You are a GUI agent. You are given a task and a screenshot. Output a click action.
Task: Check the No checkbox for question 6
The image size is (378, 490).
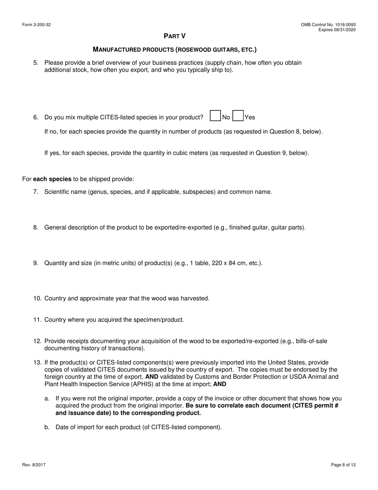(x=215, y=116)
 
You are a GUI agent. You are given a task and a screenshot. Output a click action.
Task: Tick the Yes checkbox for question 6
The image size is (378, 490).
(x=238, y=116)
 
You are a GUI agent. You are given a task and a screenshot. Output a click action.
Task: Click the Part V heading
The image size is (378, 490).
(x=175, y=36)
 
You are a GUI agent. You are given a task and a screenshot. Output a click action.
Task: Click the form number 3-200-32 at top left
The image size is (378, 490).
(x=37, y=25)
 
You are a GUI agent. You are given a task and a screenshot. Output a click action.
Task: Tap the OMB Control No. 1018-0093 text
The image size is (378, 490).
(x=328, y=25)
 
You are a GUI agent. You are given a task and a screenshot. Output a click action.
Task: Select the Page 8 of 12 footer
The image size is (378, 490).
(x=343, y=465)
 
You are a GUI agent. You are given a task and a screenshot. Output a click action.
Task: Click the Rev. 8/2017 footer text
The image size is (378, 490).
(x=34, y=465)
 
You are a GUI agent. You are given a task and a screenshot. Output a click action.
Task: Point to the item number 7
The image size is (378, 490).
(x=36, y=192)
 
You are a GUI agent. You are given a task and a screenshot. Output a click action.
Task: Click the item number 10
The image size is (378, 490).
(x=37, y=298)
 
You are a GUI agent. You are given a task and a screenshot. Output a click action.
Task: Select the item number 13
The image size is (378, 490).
(x=37, y=363)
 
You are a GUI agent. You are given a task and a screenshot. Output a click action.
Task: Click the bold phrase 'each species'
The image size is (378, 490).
(x=52, y=179)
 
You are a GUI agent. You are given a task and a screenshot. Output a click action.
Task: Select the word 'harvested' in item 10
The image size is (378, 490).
(x=196, y=298)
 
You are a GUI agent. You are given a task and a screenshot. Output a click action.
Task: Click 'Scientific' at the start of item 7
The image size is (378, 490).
(x=57, y=192)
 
